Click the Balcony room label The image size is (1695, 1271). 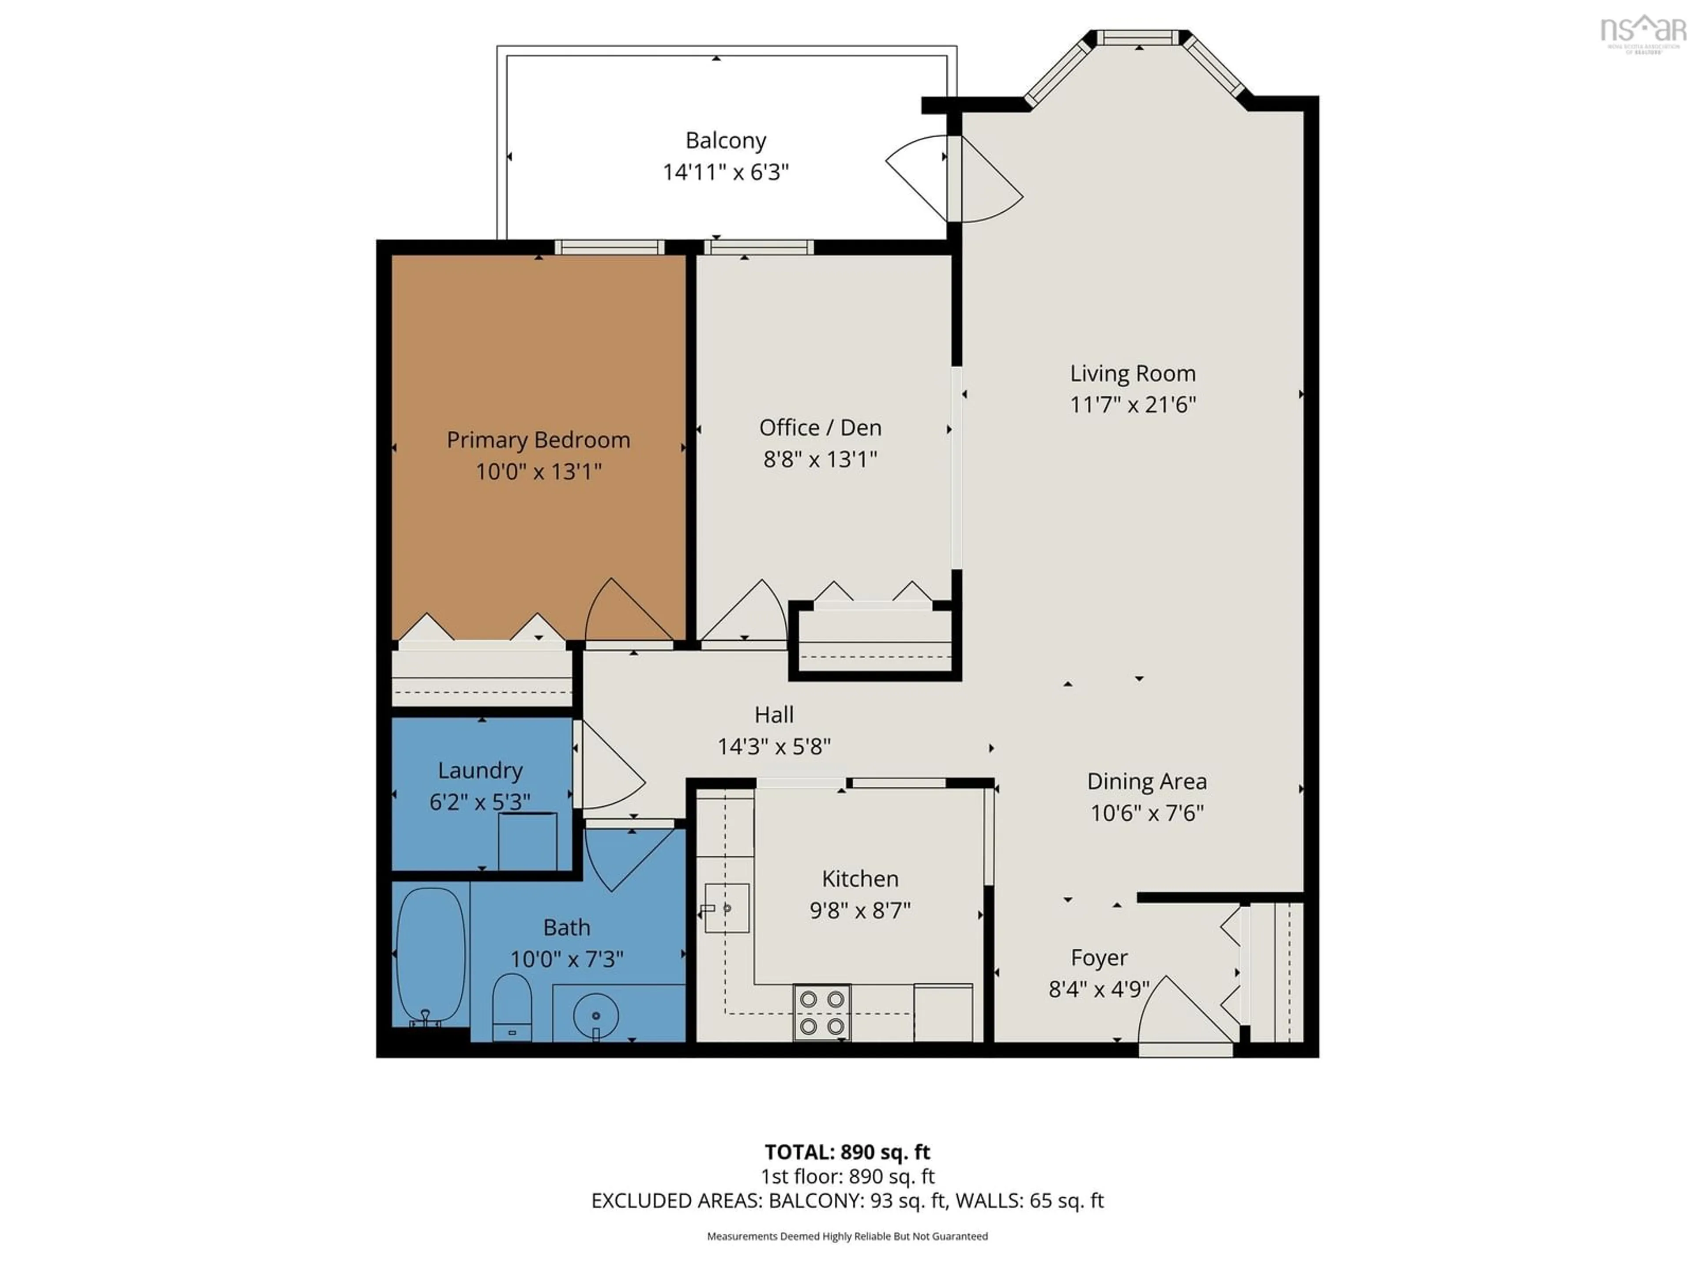click(x=725, y=141)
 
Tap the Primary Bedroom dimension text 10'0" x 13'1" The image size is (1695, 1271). click(x=538, y=471)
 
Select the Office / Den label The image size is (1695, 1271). click(x=820, y=428)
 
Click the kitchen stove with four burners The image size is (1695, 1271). click(x=821, y=1012)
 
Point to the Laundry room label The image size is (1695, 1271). click(x=480, y=771)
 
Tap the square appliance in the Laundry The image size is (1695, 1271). click(x=527, y=841)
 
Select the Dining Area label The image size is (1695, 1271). click(x=1146, y=782)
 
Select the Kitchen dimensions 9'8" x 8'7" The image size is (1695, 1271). click(x=860, y=910)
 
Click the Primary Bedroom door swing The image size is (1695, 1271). click(x=625, y=613)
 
